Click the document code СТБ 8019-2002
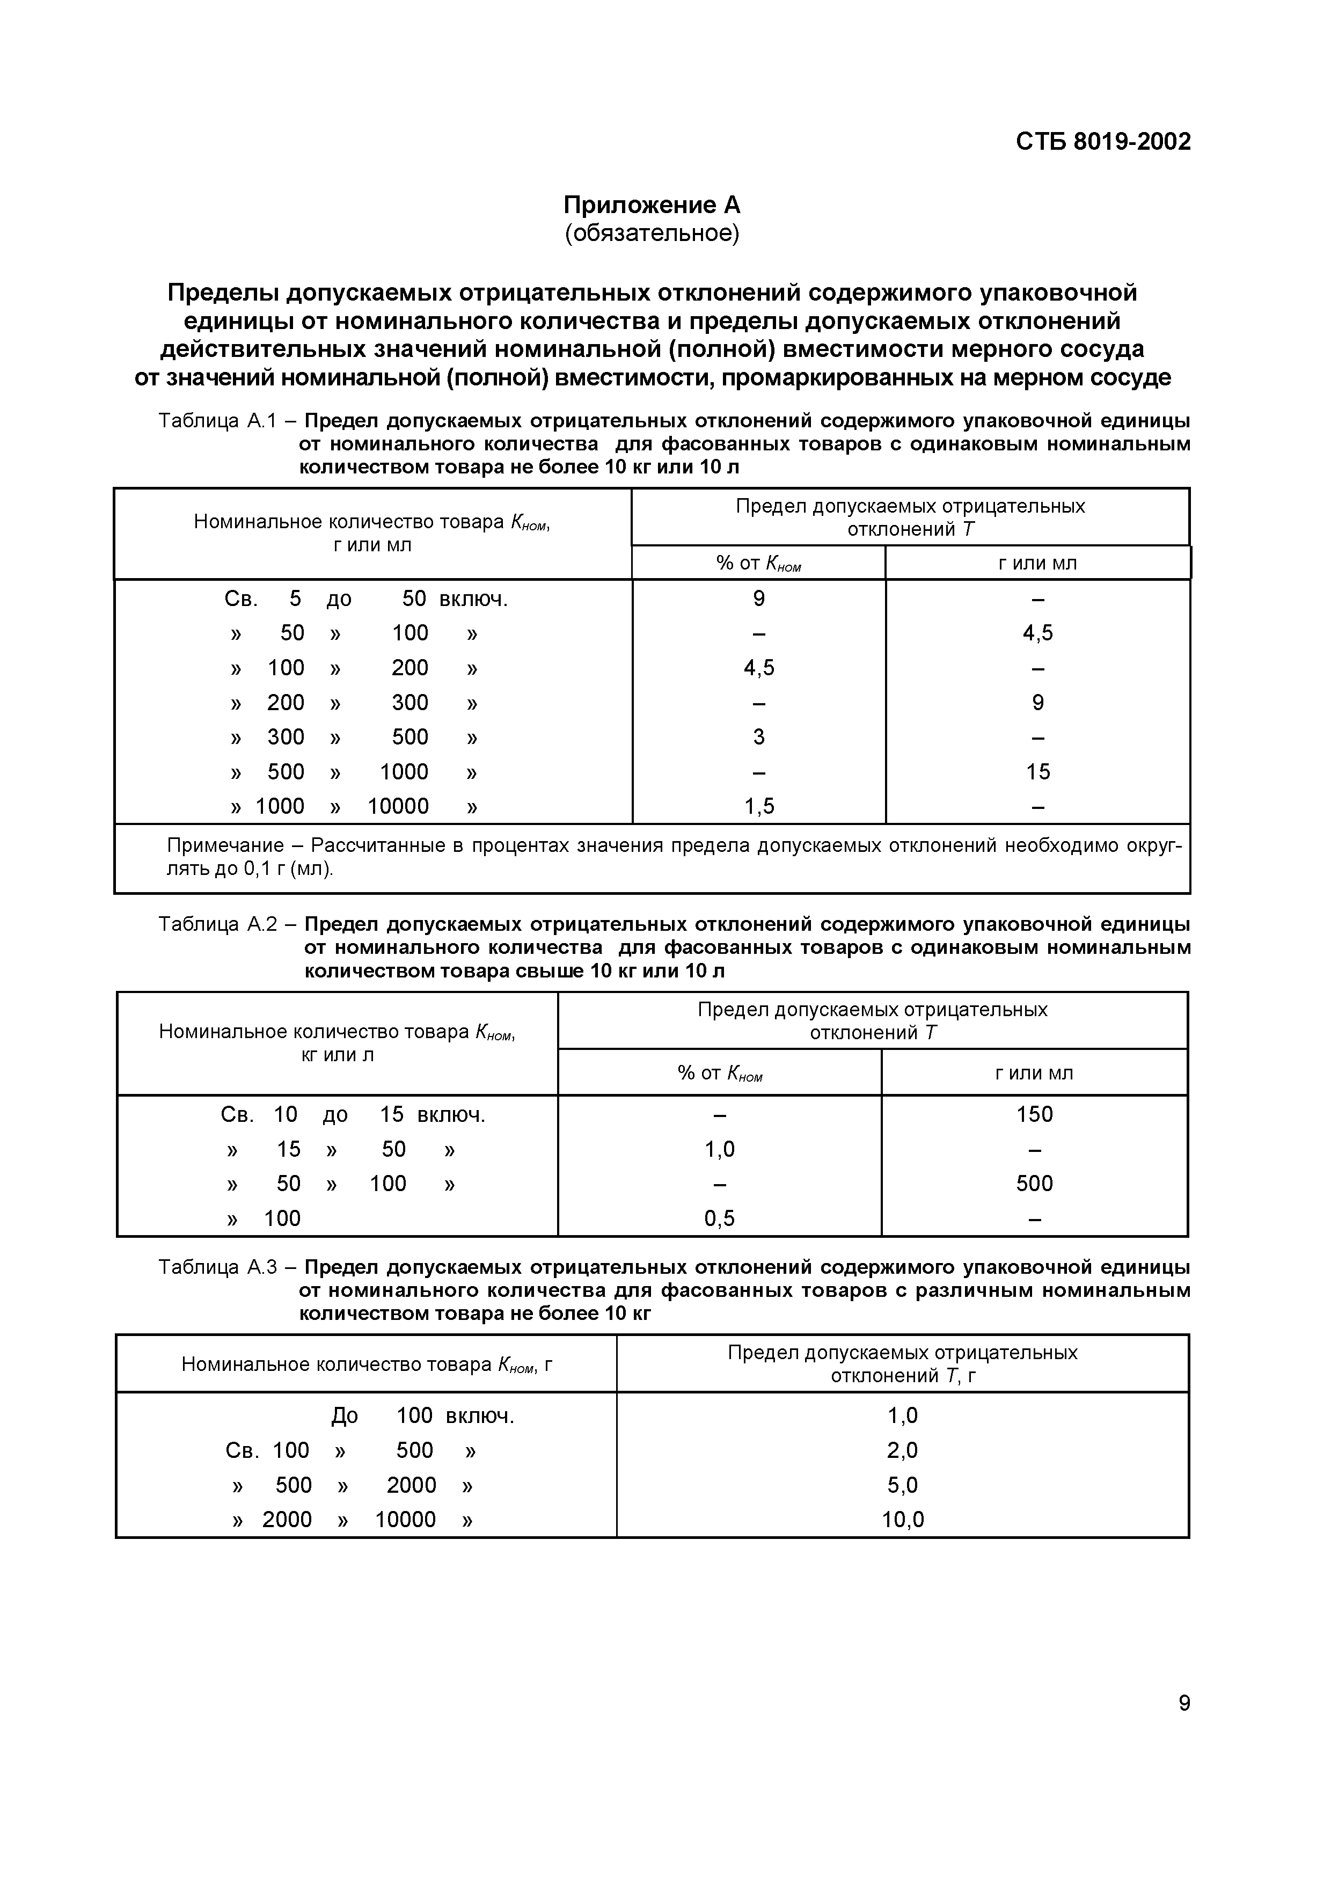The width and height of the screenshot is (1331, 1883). coord(1103,142)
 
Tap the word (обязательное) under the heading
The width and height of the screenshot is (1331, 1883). coord(652,233)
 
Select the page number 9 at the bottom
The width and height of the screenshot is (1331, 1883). coord(1184,1703)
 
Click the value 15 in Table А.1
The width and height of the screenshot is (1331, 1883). coord(1037,772)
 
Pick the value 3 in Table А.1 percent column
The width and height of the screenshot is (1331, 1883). coord(758,738)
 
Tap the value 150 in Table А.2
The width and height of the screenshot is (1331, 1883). coord(1034,1114)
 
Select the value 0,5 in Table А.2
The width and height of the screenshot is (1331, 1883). coord(719,1218)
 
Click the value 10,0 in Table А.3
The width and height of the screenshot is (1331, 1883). coord(902,1520)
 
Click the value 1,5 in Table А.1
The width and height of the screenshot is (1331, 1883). coord(758,806)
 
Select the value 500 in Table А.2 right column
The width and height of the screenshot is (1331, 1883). coord(1034,1184)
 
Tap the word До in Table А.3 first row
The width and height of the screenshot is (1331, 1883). coord(345,1415)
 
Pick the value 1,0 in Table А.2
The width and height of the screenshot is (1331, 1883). coord(719,1149)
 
